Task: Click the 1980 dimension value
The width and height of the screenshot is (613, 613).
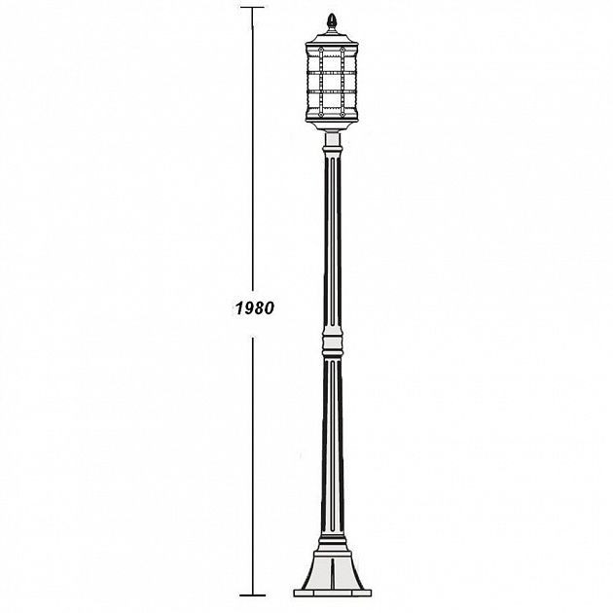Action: click(x=255, y=308)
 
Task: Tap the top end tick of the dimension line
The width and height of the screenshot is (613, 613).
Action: click(x=252, y=7)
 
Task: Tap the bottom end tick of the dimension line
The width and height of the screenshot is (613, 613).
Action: click(x=253, y=595)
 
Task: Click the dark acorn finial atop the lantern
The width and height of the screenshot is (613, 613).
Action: click(x=332, y=19)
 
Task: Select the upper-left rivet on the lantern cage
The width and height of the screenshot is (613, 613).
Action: click(x=321, y=50)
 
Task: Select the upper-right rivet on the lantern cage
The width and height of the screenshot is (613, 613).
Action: click(x=343, y=50)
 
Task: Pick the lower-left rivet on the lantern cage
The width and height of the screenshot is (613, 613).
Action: click(x=321, y=115)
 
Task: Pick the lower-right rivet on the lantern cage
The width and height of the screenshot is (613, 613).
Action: click(x=343, y=115)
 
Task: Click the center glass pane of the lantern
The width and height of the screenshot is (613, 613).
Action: click(x=332, y=82)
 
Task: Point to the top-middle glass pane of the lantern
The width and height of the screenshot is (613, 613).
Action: click(x=332, y=62)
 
